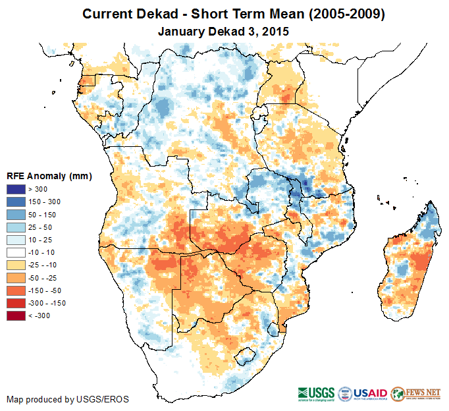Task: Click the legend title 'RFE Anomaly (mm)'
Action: pos(49,177)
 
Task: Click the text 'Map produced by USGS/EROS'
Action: pos(68,399)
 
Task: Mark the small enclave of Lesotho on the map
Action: pos(246,353)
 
